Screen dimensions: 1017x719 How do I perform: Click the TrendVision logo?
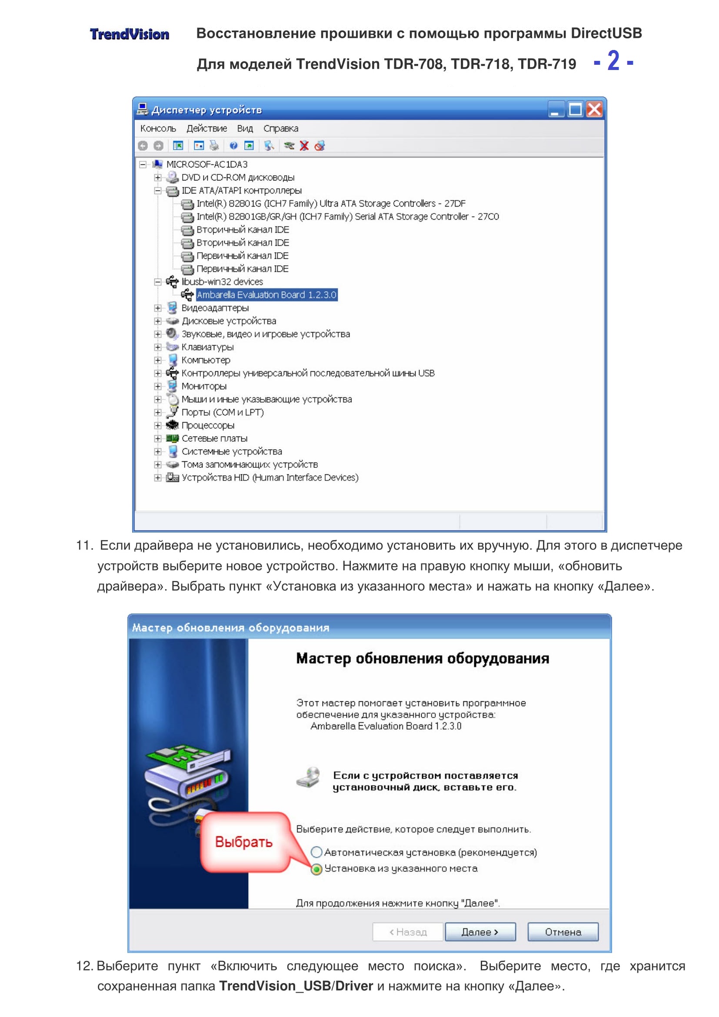(x=129, y=34)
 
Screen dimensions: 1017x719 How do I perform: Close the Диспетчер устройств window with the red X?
(x=594, y=110)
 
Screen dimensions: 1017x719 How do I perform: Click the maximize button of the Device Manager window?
(x=575, y=110)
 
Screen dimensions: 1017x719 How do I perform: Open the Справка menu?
(x=281, y=128)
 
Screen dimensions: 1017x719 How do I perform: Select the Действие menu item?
(x=206, y=128)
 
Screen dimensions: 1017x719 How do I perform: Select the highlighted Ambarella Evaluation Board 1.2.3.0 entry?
(x=266, y=295)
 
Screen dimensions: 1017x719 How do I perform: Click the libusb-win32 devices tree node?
(x=222, y=282)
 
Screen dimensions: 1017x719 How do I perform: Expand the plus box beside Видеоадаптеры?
(x=158, y=308)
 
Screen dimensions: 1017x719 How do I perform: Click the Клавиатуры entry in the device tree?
(x=207, y=347)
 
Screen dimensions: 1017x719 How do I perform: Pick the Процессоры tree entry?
(x=208, y=426)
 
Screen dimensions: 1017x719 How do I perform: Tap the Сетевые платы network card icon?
(x=172, y=439)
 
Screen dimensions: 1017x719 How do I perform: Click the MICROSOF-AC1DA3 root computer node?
(x=207, y=164)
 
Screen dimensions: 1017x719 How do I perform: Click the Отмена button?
(x=563, y=932)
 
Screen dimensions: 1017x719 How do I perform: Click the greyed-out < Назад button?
(x=408, y=932)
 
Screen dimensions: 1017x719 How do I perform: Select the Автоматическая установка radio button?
(x=316, y=852)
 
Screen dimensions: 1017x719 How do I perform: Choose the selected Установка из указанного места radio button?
(x=316, y=869)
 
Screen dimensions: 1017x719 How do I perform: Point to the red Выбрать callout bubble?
(x=244, y=842)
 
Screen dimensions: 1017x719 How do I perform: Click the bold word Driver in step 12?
(x=354, y=986)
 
